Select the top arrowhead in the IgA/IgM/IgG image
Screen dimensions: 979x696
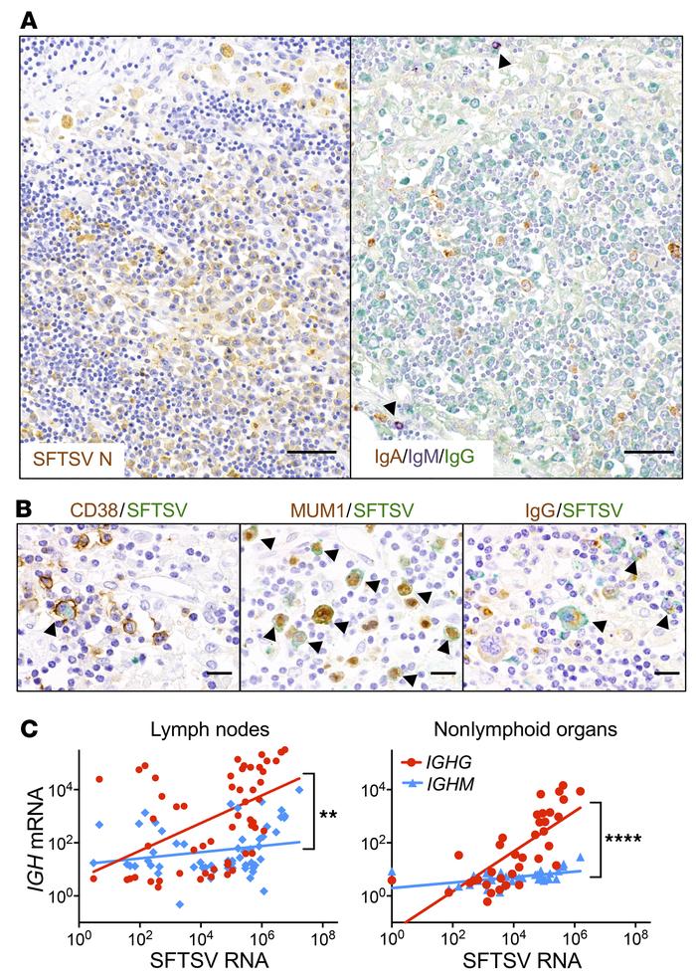click(505, 62)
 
